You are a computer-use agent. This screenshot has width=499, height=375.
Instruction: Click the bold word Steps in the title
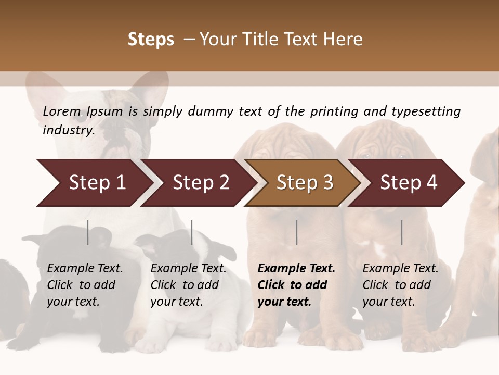[151, 40]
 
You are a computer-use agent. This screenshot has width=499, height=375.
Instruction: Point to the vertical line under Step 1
[88, 232]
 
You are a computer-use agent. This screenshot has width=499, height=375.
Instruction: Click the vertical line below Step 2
[192, 232]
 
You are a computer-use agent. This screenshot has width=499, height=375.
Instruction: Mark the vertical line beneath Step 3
[296, 232]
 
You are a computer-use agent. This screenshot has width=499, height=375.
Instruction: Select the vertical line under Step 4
[401, 232]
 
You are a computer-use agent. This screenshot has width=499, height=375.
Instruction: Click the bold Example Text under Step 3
[296, 285]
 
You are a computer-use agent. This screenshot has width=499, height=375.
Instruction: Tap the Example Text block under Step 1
[85, 285]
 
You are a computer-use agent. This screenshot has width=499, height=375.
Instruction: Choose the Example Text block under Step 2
[188, 285]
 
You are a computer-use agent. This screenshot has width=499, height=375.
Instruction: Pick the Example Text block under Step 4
[400, 285]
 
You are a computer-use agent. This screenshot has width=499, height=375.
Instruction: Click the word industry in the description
[68, 130]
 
